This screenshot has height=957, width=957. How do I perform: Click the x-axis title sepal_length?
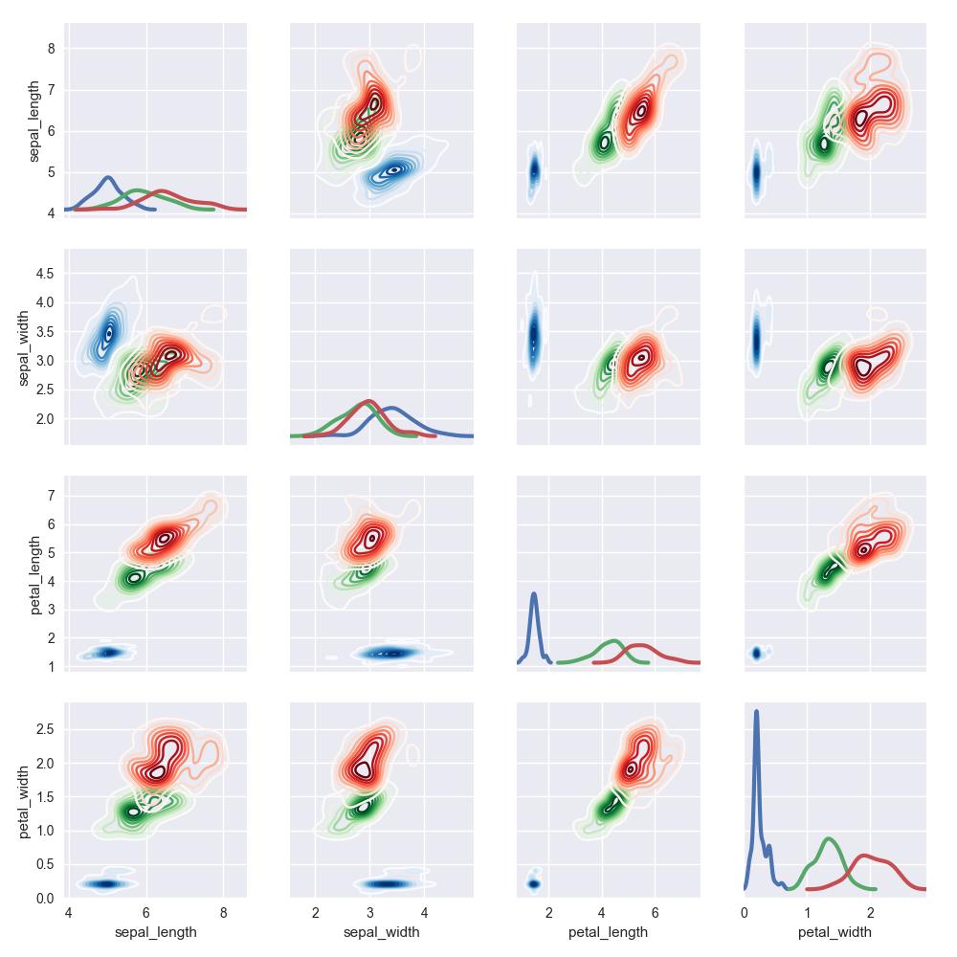[x=155, y=932]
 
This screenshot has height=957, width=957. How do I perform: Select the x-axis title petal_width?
[x=835, y=932]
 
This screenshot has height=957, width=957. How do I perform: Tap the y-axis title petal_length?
[x=36, y=573]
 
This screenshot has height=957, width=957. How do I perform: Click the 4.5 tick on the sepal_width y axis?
[x=46, y=273]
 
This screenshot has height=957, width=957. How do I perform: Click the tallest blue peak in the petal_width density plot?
[x=756, y=711]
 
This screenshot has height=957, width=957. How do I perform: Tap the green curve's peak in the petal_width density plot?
[x=829, y=839]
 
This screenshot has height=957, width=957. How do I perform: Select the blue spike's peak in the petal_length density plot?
[x=533, y=594]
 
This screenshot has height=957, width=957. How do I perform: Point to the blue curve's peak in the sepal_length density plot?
[x=108, y=177]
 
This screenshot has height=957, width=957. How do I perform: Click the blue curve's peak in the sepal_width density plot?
[x=393, y=409]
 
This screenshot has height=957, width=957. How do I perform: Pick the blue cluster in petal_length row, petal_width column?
[x=756, y=653]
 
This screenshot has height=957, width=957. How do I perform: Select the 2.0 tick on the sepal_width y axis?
[x=46, y=418]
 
